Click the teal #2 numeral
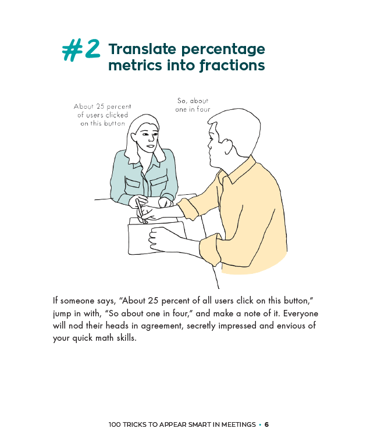[x=81, y=49]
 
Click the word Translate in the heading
[x=143, y=49]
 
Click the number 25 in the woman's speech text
[x=100, y=106]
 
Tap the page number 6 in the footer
[x=266, y=424]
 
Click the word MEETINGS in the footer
[x=238, y=424]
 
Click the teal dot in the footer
[x=260, y=424]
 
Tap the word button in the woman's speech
[x=115, y=123]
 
